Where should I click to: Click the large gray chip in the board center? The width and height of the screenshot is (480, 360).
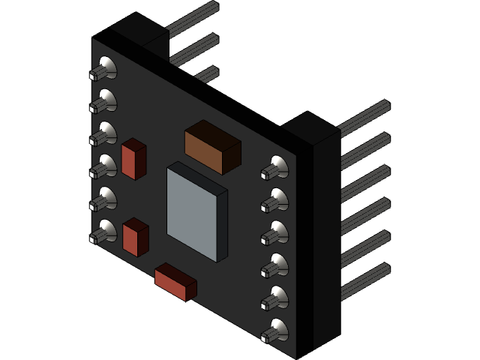(196, 211)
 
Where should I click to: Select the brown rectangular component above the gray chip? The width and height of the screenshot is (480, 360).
(212, 147)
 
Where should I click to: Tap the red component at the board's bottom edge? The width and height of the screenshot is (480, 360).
(175, 281)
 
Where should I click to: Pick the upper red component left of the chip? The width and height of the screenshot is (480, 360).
(133, 159)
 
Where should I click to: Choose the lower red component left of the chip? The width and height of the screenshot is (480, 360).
(135, 236)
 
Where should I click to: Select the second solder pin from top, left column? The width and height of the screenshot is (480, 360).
(103, 100)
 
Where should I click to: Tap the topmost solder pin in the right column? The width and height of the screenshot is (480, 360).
(274, 168)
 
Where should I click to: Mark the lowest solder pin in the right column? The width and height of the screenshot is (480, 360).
(274, 331)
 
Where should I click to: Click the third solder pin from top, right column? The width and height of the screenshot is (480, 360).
(274, 233)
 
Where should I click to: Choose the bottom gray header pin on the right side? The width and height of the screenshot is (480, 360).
(364, 280)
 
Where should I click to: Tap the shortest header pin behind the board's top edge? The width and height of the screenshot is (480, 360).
(207, 74)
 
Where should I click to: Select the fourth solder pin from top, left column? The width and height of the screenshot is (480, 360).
(103, 166)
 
